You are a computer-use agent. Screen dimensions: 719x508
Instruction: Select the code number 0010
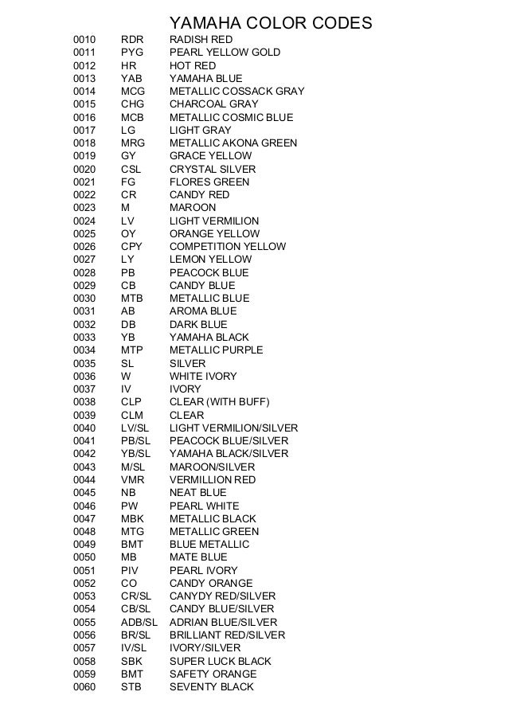84,40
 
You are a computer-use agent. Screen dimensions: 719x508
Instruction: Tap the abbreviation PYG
132,53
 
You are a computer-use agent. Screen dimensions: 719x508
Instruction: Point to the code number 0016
84,117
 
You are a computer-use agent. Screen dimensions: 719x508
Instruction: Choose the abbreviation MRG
133,143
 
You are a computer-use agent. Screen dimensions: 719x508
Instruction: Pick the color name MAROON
193,208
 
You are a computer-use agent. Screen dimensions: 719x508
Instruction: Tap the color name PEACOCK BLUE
209,273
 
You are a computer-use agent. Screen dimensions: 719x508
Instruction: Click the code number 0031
84,311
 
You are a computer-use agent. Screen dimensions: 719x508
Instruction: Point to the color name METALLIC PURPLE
217,350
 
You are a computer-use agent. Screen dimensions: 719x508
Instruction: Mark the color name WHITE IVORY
203,376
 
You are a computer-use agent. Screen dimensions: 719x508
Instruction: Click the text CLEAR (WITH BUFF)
221,402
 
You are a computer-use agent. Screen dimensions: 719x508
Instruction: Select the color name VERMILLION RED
213,480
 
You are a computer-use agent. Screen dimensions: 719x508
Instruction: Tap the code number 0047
84,518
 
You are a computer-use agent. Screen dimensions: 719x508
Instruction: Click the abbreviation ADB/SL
139,622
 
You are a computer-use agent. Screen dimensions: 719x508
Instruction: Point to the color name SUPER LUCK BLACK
221,661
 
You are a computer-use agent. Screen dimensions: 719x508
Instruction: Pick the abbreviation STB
131,686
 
